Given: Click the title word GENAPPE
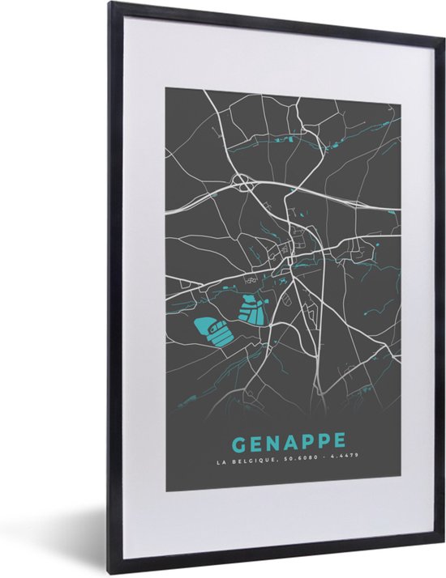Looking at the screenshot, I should [x=289, y=443].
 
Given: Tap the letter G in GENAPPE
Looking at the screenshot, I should [x=239, y=444].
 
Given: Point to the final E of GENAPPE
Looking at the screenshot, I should [x=339, y=442].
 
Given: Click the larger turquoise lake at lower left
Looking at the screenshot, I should [x=210, y=330].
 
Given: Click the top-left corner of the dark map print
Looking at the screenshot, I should [x=167, y=87].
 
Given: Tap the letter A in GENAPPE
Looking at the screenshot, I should [x=289, y=443].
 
